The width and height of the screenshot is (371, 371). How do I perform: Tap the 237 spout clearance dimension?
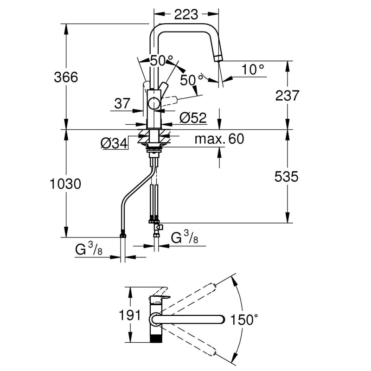click(x=287, y=95)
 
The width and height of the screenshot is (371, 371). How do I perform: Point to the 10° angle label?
click(x=253, y=70)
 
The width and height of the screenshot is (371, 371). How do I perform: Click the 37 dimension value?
click(x=122, y=104)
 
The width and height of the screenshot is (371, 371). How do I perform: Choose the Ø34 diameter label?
click(x=114, y=144)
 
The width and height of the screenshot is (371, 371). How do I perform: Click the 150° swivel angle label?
click(x=244, y=320)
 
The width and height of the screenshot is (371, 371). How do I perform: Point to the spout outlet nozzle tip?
click(x=217, y=58)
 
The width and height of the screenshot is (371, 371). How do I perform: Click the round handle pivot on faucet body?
click(x=153, y=103)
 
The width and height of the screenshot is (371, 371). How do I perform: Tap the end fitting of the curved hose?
click(x=123, y=235)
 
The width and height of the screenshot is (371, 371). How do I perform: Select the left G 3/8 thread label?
click(x=89, y=250)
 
